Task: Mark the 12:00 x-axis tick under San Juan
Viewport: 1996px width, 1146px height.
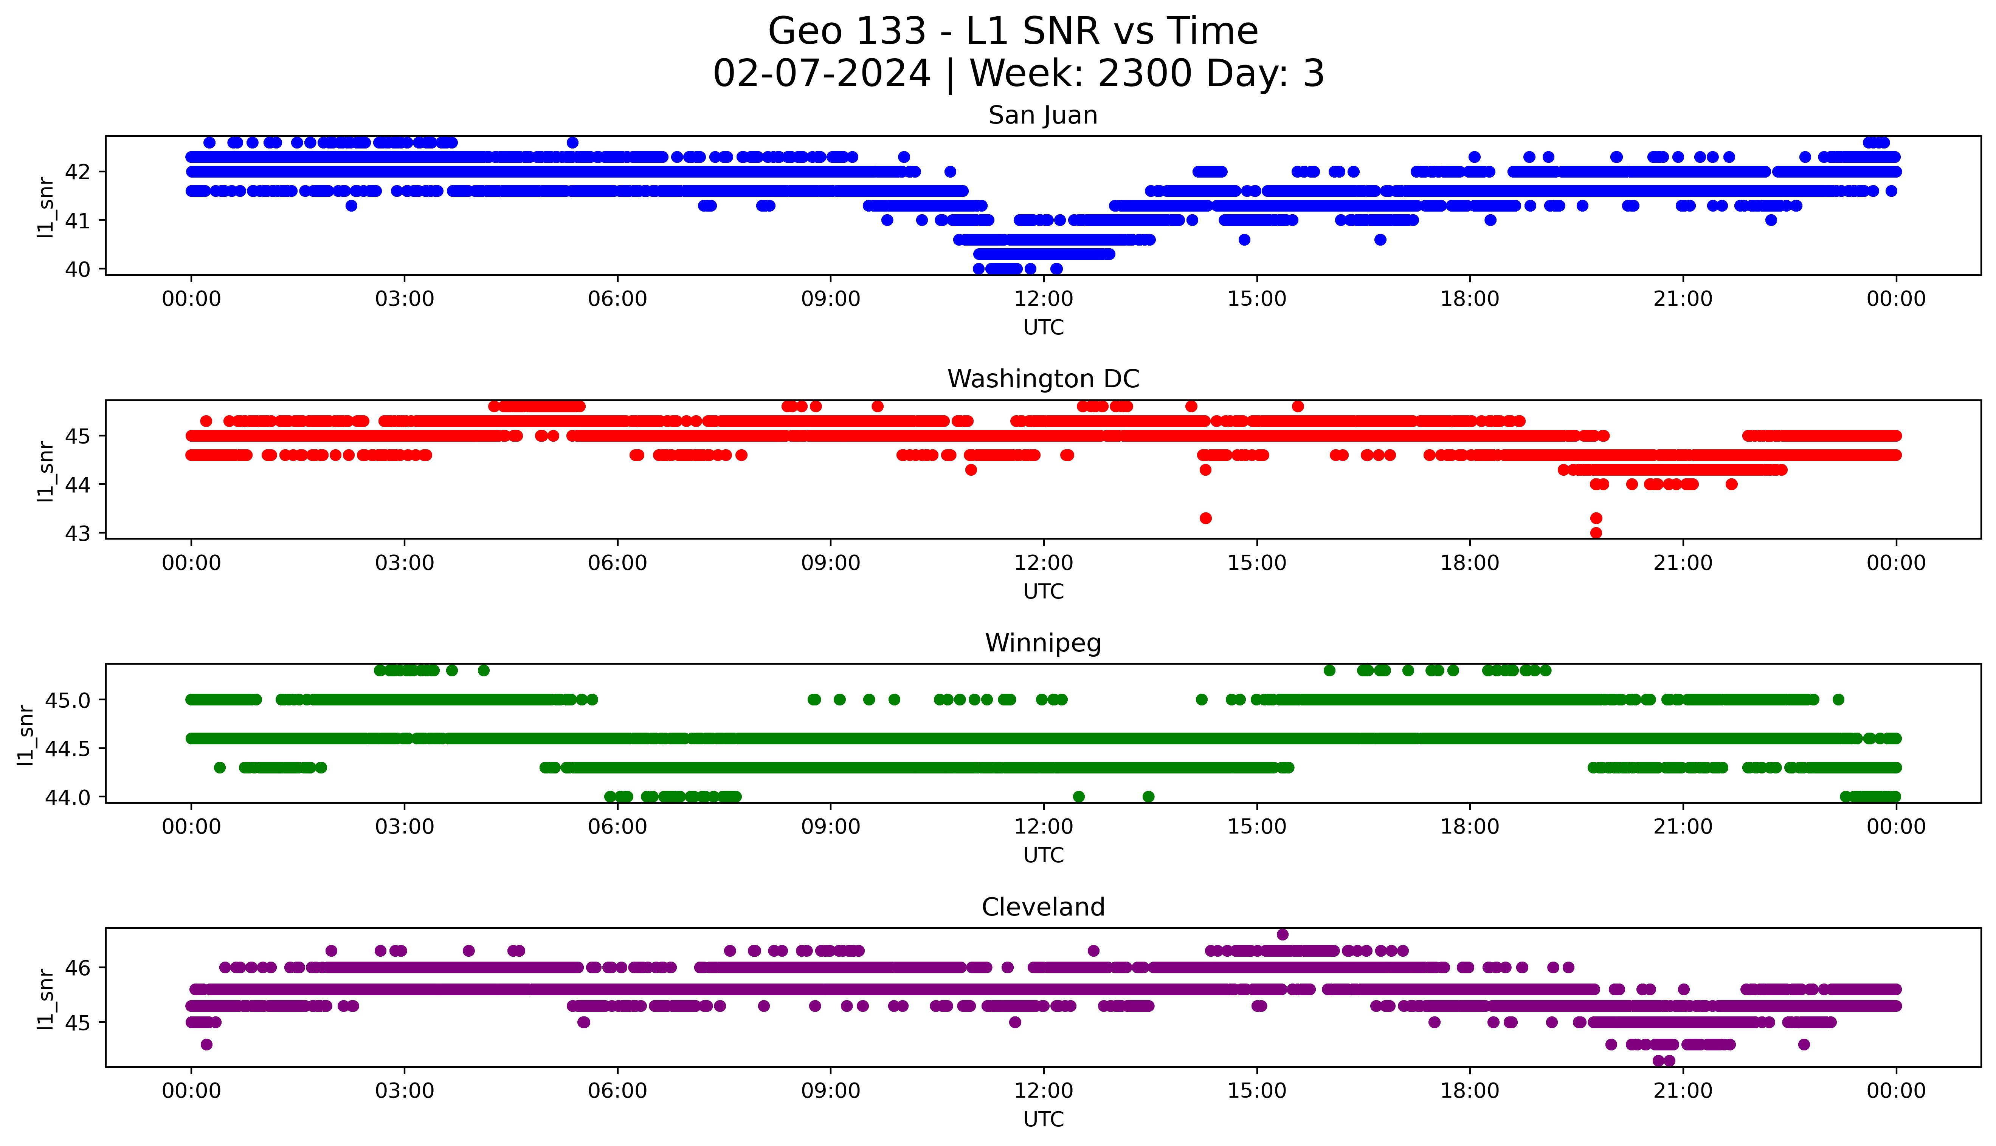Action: pyautogui.click(x=1043, y=299)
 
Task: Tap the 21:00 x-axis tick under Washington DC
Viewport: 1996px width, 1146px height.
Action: pyautogui.click(x=1683, y=564)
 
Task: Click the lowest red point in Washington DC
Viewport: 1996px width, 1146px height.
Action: pyautogui.click(x=1596, y=533)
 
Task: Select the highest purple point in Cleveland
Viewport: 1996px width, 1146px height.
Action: pyautogui.click(x=1283, y=934)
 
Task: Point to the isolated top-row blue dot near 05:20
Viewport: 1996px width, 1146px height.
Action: pyautogui.click(x=572, y=142)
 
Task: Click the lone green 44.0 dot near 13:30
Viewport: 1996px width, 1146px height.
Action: pyautogui.click(x=1148, y=796)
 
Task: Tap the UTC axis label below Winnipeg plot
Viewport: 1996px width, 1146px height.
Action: pyautogui.click(x=1043, y=855)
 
